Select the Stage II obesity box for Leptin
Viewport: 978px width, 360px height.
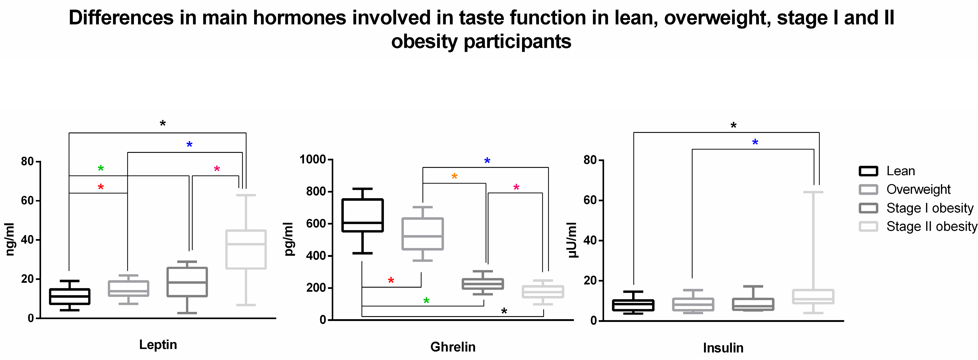(246, 249)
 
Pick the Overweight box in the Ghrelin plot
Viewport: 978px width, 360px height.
(423, 234)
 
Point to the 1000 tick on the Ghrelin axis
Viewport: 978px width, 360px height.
(313, 159)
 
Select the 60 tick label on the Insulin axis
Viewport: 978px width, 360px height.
(590, 200)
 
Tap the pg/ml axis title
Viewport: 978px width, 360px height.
(289, 239)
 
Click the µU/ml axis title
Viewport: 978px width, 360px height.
(572, 240)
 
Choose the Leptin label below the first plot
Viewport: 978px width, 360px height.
(158, 345)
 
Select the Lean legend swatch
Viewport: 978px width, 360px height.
(868, 171)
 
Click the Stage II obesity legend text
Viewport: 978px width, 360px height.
(932, 227)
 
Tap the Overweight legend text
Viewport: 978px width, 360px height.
(918, 190)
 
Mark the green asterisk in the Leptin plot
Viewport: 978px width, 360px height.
(101, 168)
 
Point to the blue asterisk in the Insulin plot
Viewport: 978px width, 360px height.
(755, 142)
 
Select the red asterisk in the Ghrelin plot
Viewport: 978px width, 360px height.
(391, 281)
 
